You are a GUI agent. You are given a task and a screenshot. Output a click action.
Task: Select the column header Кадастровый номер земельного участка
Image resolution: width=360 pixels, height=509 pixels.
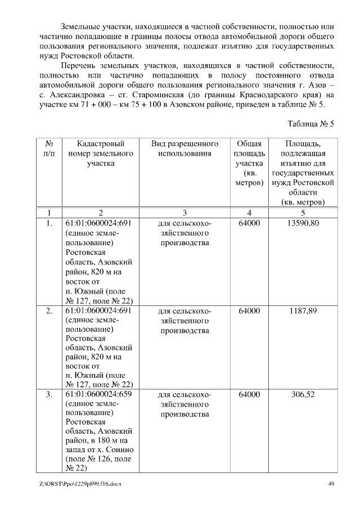pos(101,154)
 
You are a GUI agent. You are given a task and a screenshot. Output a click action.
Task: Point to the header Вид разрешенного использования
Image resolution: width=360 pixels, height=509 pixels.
pos(184,148)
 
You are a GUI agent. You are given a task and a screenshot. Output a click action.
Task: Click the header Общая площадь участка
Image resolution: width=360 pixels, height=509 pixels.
pos(249,163)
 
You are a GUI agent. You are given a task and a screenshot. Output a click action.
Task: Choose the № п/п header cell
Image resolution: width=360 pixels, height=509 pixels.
pos(49,148)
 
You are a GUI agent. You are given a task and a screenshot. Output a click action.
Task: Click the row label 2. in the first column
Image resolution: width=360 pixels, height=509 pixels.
pos(49,310)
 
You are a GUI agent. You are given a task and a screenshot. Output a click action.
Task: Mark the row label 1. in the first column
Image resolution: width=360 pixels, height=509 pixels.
pos(49,223)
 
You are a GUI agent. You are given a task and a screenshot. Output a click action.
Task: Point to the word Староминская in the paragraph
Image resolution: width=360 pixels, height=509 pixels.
pos(180,96)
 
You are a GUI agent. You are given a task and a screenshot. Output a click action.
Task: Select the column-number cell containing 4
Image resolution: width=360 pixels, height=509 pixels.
pos(249,213)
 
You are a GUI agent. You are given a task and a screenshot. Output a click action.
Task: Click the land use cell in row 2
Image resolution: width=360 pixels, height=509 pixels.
pos(184,321)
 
